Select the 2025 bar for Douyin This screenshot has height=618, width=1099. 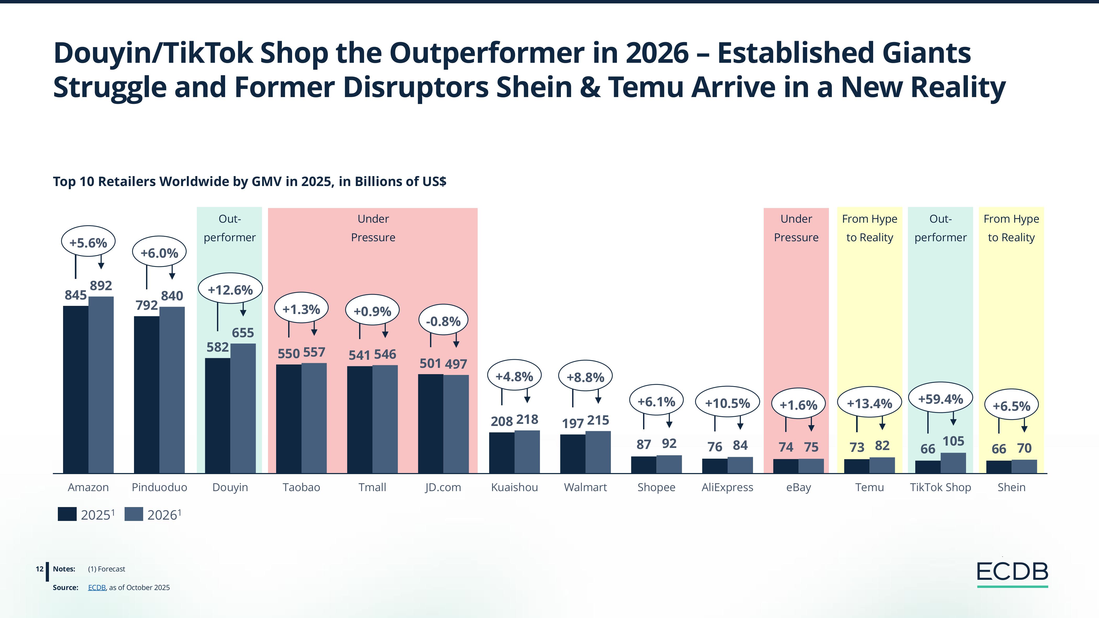(x=217, y=415)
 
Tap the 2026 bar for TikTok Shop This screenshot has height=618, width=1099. (x=953, y=463)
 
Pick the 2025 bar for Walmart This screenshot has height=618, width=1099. (x=573, y=454)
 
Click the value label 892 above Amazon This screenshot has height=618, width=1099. (x=101, y=285)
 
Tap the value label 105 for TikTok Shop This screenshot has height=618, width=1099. (x=953, y=441)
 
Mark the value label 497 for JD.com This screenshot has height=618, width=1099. (x=456, y=364)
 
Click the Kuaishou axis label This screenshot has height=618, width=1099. (x=514, y=487)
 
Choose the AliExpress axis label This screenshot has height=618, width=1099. (x=727, y=487)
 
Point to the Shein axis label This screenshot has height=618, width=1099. (x=1011, y=487)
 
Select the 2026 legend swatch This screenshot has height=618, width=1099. (x=133, y=514)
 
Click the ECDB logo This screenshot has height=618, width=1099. (x=1012, y=573)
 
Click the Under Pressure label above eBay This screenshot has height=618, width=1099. (x=796, y=228)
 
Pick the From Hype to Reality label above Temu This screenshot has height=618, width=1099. (x=869, y=228)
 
